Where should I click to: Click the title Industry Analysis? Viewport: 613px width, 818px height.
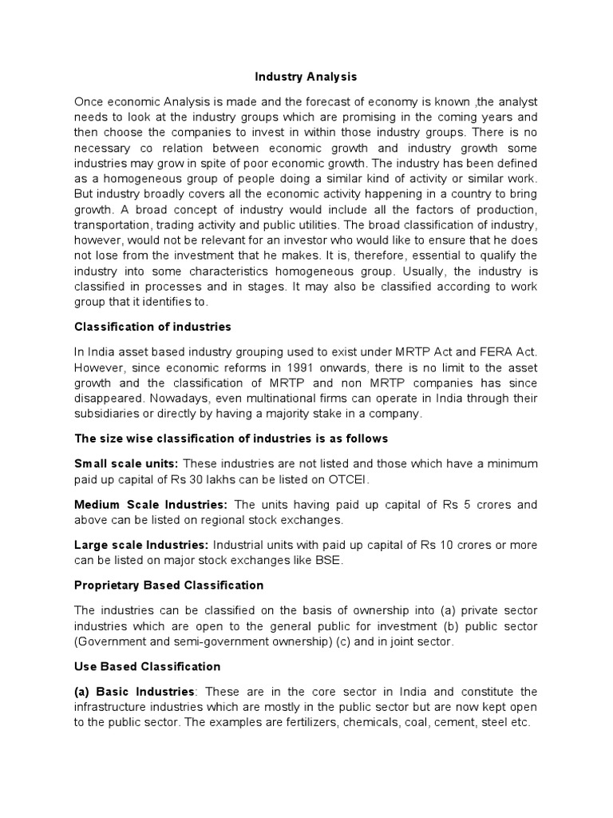point(306,77)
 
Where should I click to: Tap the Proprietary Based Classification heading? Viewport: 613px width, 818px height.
point(168,585)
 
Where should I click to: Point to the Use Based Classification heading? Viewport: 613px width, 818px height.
point(147,666)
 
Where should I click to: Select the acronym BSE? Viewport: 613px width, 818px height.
point(330,560)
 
